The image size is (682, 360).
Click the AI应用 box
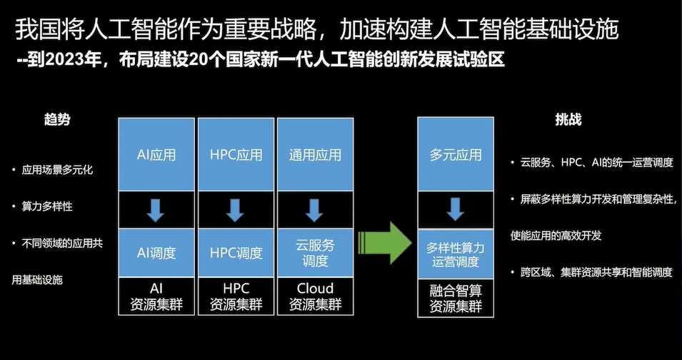(x=156, y=154)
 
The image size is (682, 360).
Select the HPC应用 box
(x=236, y=154)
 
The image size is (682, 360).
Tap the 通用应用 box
(x=315, y=154)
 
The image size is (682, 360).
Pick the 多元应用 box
(x=455, y=154)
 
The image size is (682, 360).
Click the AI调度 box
(x=156, y=253)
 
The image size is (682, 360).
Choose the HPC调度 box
(x=236, y=253)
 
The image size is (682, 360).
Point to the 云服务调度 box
(x=315, y=252)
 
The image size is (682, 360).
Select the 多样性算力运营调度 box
(x=455, y=255)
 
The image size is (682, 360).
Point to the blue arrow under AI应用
(x=156, y=210)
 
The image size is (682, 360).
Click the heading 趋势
(x=57, y=120)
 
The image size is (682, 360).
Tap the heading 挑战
(x=568, y=120)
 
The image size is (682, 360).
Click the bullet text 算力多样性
(x=47, y=206)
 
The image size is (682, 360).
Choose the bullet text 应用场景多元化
(x=57, y=170)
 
